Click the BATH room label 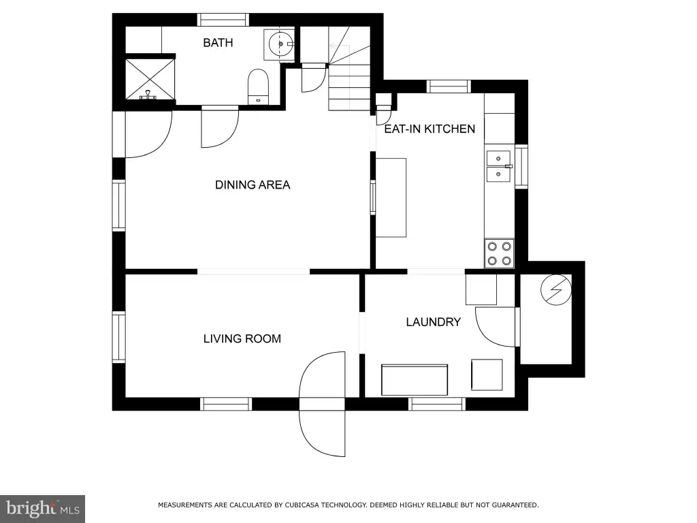(218, 43)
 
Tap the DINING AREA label (253, 185)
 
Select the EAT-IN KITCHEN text (429, 129)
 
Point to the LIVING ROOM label (242, 339)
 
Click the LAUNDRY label (434, 322)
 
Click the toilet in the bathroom (258, 86)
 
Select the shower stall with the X (150, 79)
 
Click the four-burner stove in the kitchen (499, 253)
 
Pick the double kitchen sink (498, 166)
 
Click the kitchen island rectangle (391, 197)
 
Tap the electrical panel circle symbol (555, 290)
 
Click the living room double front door (322, 404)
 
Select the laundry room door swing (496, 327)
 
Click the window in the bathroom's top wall (223, 20)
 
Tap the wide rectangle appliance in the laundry (415, 380)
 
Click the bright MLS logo (42, 509)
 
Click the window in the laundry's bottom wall (437, 404)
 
